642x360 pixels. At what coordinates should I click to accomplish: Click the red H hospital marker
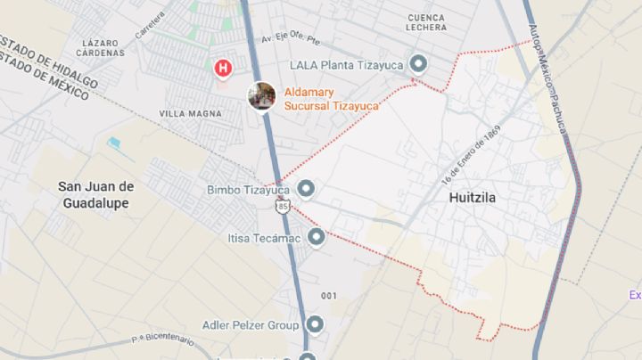click(x=223, y=67)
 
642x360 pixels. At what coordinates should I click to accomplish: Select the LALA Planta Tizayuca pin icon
click(x=416, y=64)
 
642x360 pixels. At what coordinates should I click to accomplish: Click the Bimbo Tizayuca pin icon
click(x=306, y=189)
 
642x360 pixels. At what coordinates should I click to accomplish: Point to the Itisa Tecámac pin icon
click(x=316, y=236)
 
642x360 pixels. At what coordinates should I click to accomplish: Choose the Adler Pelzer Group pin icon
click(x=314, y=325)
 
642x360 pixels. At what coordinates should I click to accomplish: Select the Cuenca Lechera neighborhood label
click(x=426, y=22)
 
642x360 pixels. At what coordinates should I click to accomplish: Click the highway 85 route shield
click(x=283, y=207)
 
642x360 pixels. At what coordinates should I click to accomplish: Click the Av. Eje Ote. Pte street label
click(x=302, y=39)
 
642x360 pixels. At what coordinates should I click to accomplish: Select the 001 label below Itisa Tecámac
click(x=329, y=295)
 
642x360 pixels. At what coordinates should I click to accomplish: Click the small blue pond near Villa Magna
click(x=113, y=143)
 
